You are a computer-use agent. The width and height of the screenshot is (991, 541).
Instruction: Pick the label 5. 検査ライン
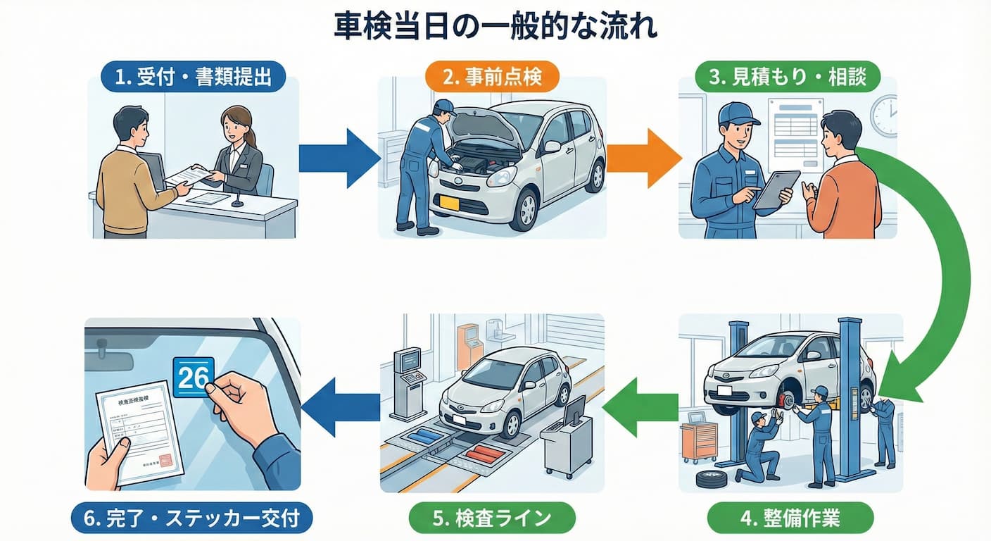[x=492, y=520]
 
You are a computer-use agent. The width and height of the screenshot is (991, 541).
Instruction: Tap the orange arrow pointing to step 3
[x=642, y=158]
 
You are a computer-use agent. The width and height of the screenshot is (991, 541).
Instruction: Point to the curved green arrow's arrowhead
[x=897, y=380]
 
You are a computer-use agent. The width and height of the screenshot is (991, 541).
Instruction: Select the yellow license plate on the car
[x=448, y=203]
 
